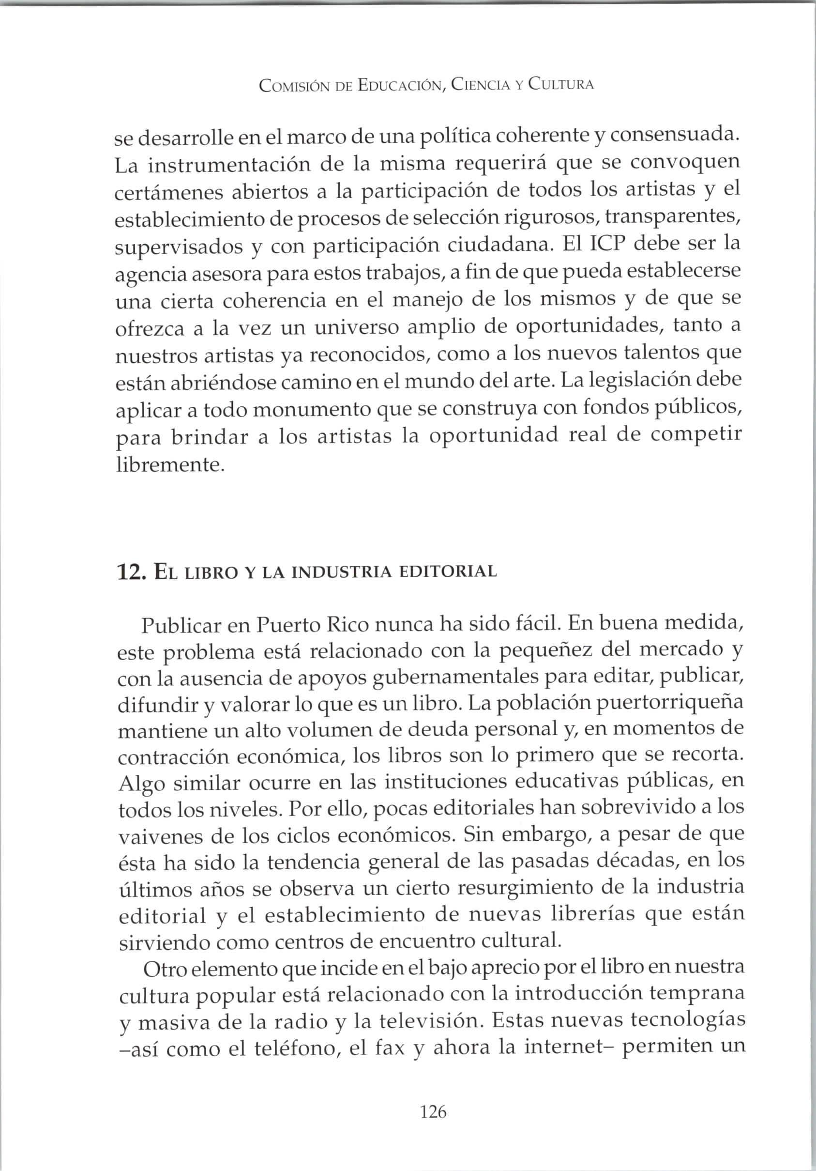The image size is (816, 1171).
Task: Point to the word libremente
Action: click(170, 465)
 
